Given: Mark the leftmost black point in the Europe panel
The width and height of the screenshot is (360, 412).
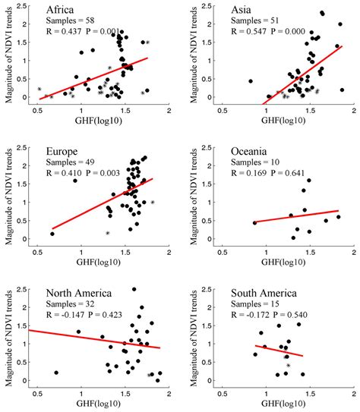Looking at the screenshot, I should point(52,234).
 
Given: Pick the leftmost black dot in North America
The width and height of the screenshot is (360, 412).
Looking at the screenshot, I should point(57,373).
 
